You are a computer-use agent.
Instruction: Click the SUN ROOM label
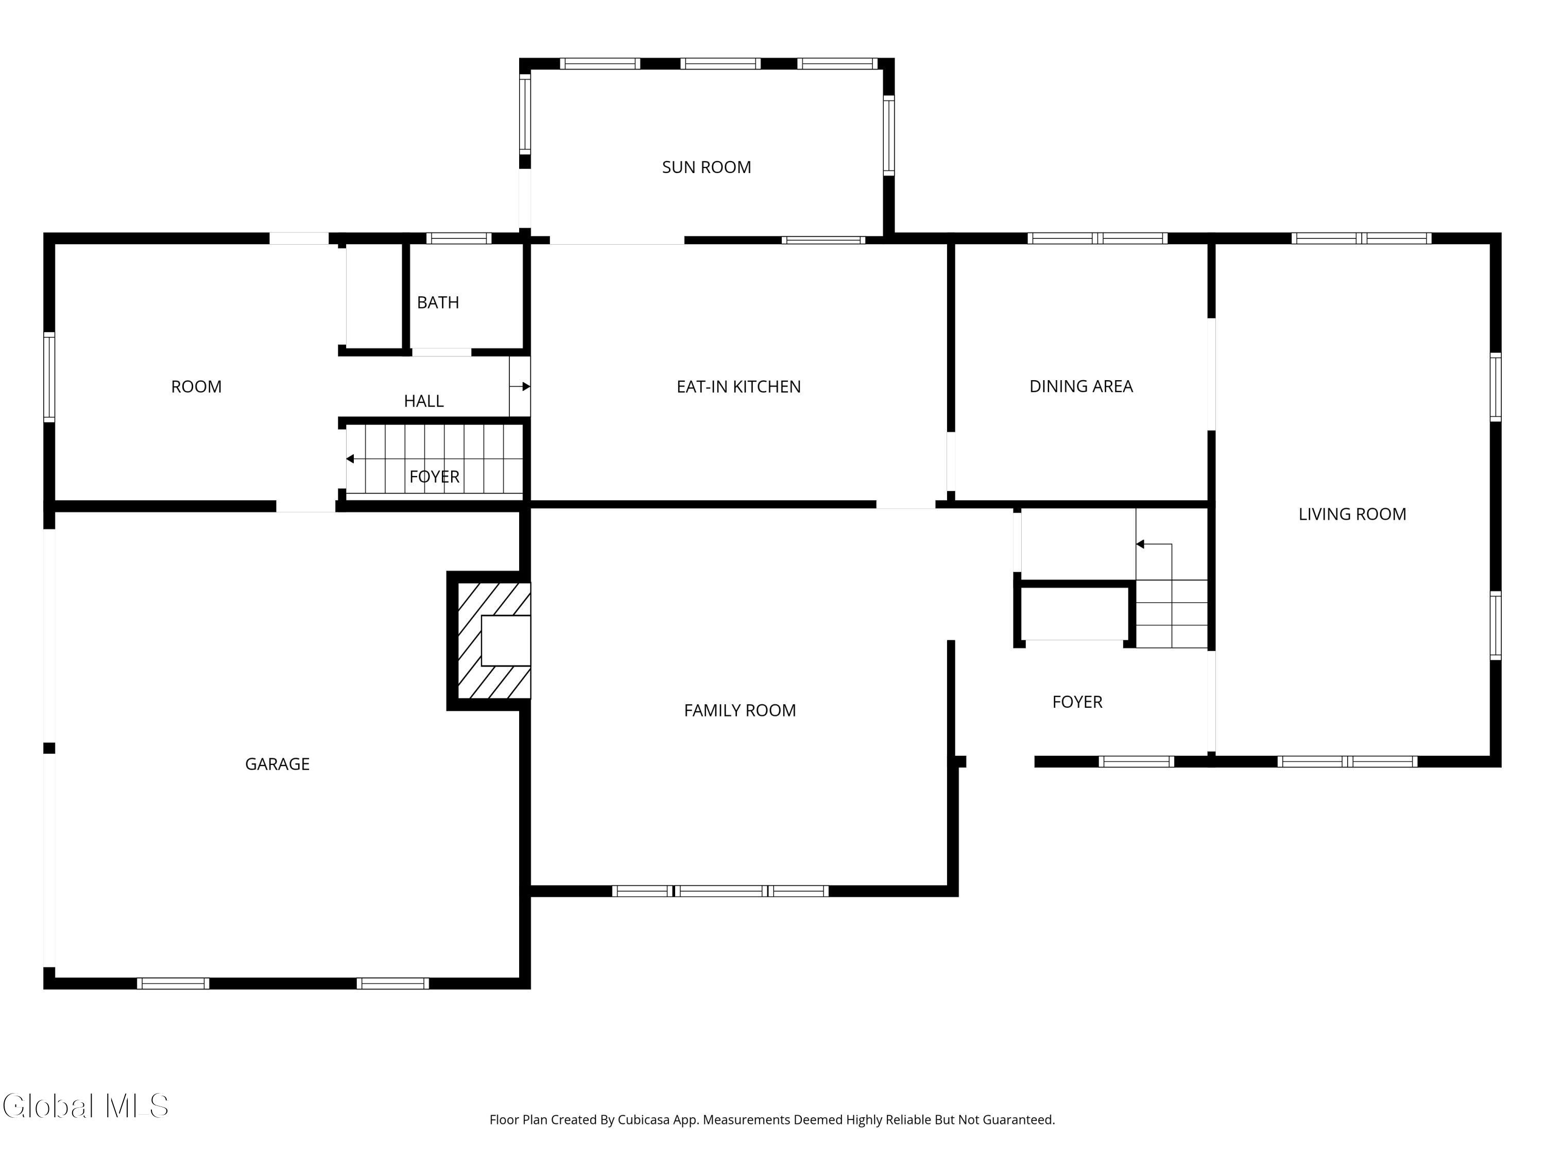706,167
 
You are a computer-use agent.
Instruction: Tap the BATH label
438,302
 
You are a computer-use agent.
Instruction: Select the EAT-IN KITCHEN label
739,386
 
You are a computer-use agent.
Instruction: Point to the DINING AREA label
1080,386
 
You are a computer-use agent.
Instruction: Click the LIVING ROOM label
1352,514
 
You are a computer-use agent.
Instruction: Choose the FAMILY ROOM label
740,710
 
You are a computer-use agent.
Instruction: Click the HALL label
424,401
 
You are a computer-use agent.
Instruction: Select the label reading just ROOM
196,387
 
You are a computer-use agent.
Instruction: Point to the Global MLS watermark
85,1106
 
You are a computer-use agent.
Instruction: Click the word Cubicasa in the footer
643,1120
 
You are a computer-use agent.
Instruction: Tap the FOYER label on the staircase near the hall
435,476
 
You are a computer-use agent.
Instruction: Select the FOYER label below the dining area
1077,702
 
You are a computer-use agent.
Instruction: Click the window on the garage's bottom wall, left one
173,984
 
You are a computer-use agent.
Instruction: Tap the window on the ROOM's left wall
49,377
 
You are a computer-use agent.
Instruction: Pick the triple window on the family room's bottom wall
720,891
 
